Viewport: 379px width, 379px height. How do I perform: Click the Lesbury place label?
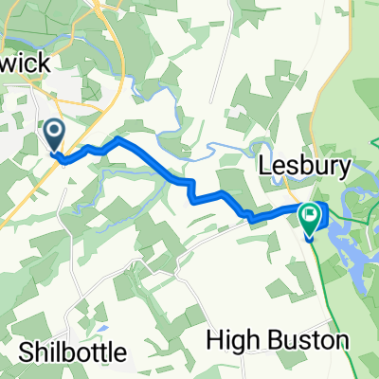click(x=304, y=167)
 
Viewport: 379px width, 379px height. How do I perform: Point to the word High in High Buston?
click(x=234, y=340)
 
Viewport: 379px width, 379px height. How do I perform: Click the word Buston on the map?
click(x=302, y=340)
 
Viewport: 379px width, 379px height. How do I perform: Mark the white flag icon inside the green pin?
click(x=310, y=217)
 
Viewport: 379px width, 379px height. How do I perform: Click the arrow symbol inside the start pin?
click(x=53, y=132)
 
